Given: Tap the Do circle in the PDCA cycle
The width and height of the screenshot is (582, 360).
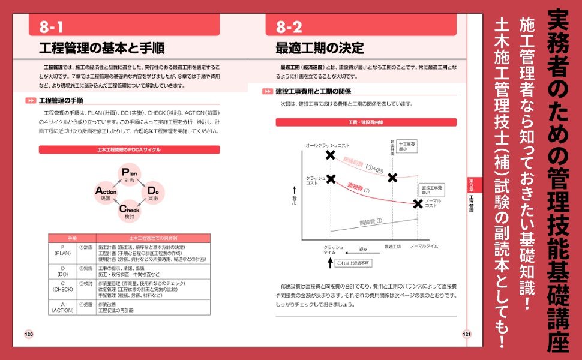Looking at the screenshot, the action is coord(153,191).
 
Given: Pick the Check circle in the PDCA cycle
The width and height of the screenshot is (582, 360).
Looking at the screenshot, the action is coord(130,211).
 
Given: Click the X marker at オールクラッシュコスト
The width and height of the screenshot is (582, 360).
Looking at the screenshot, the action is coord(329,155).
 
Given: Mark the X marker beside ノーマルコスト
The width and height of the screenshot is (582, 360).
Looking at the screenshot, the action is coord(418,203).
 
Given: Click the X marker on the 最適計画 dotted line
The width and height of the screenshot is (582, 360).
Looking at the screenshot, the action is coord(392,178).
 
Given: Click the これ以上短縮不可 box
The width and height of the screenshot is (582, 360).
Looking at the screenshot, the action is coord(353,263).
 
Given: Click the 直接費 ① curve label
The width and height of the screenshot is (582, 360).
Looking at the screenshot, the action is coord(358,188).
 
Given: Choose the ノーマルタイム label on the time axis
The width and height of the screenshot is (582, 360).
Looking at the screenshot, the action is coord(424,247).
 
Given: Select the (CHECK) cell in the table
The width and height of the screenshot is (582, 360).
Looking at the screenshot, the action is coord(62,290).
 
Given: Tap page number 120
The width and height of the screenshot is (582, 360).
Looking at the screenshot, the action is coord(28,334).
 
